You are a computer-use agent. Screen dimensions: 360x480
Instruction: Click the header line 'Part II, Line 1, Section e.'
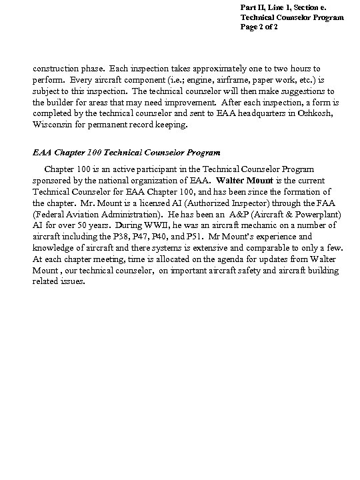283,7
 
